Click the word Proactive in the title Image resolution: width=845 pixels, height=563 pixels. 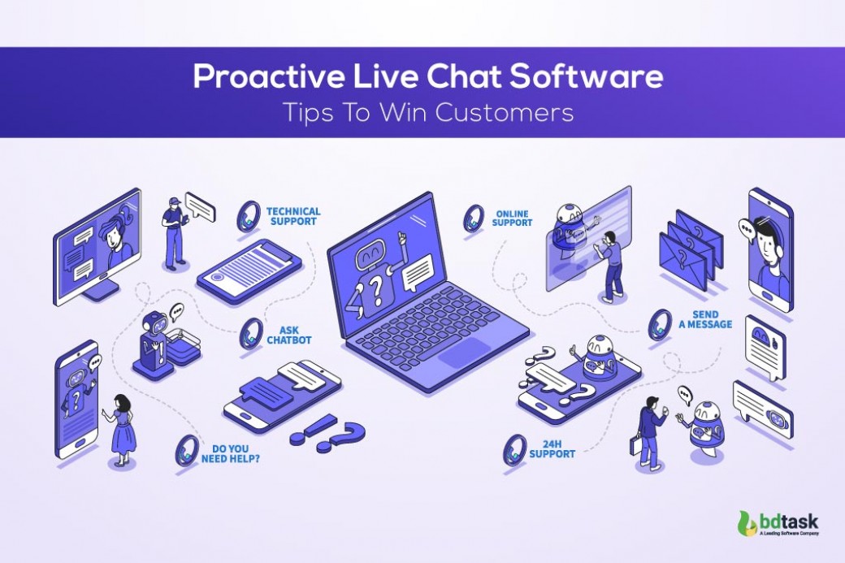point(269,77)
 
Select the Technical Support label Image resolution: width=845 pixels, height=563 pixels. point(293,216)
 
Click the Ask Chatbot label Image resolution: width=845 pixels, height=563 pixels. point(289,335)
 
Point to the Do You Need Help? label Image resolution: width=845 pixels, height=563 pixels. point(231,453)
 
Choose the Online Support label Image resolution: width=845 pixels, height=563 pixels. point(512,219)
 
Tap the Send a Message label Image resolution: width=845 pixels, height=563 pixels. point(705,319)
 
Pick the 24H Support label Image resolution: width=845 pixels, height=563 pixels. point(552,448)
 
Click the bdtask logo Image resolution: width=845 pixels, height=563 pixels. point(778,522)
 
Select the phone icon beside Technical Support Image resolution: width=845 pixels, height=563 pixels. point(249,217)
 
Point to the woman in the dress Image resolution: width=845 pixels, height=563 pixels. point(123,430)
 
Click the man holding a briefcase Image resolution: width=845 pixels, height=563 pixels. point(649,432)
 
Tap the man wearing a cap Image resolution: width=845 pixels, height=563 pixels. point(175,232)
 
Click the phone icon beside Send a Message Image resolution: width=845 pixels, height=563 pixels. point(659,325)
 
